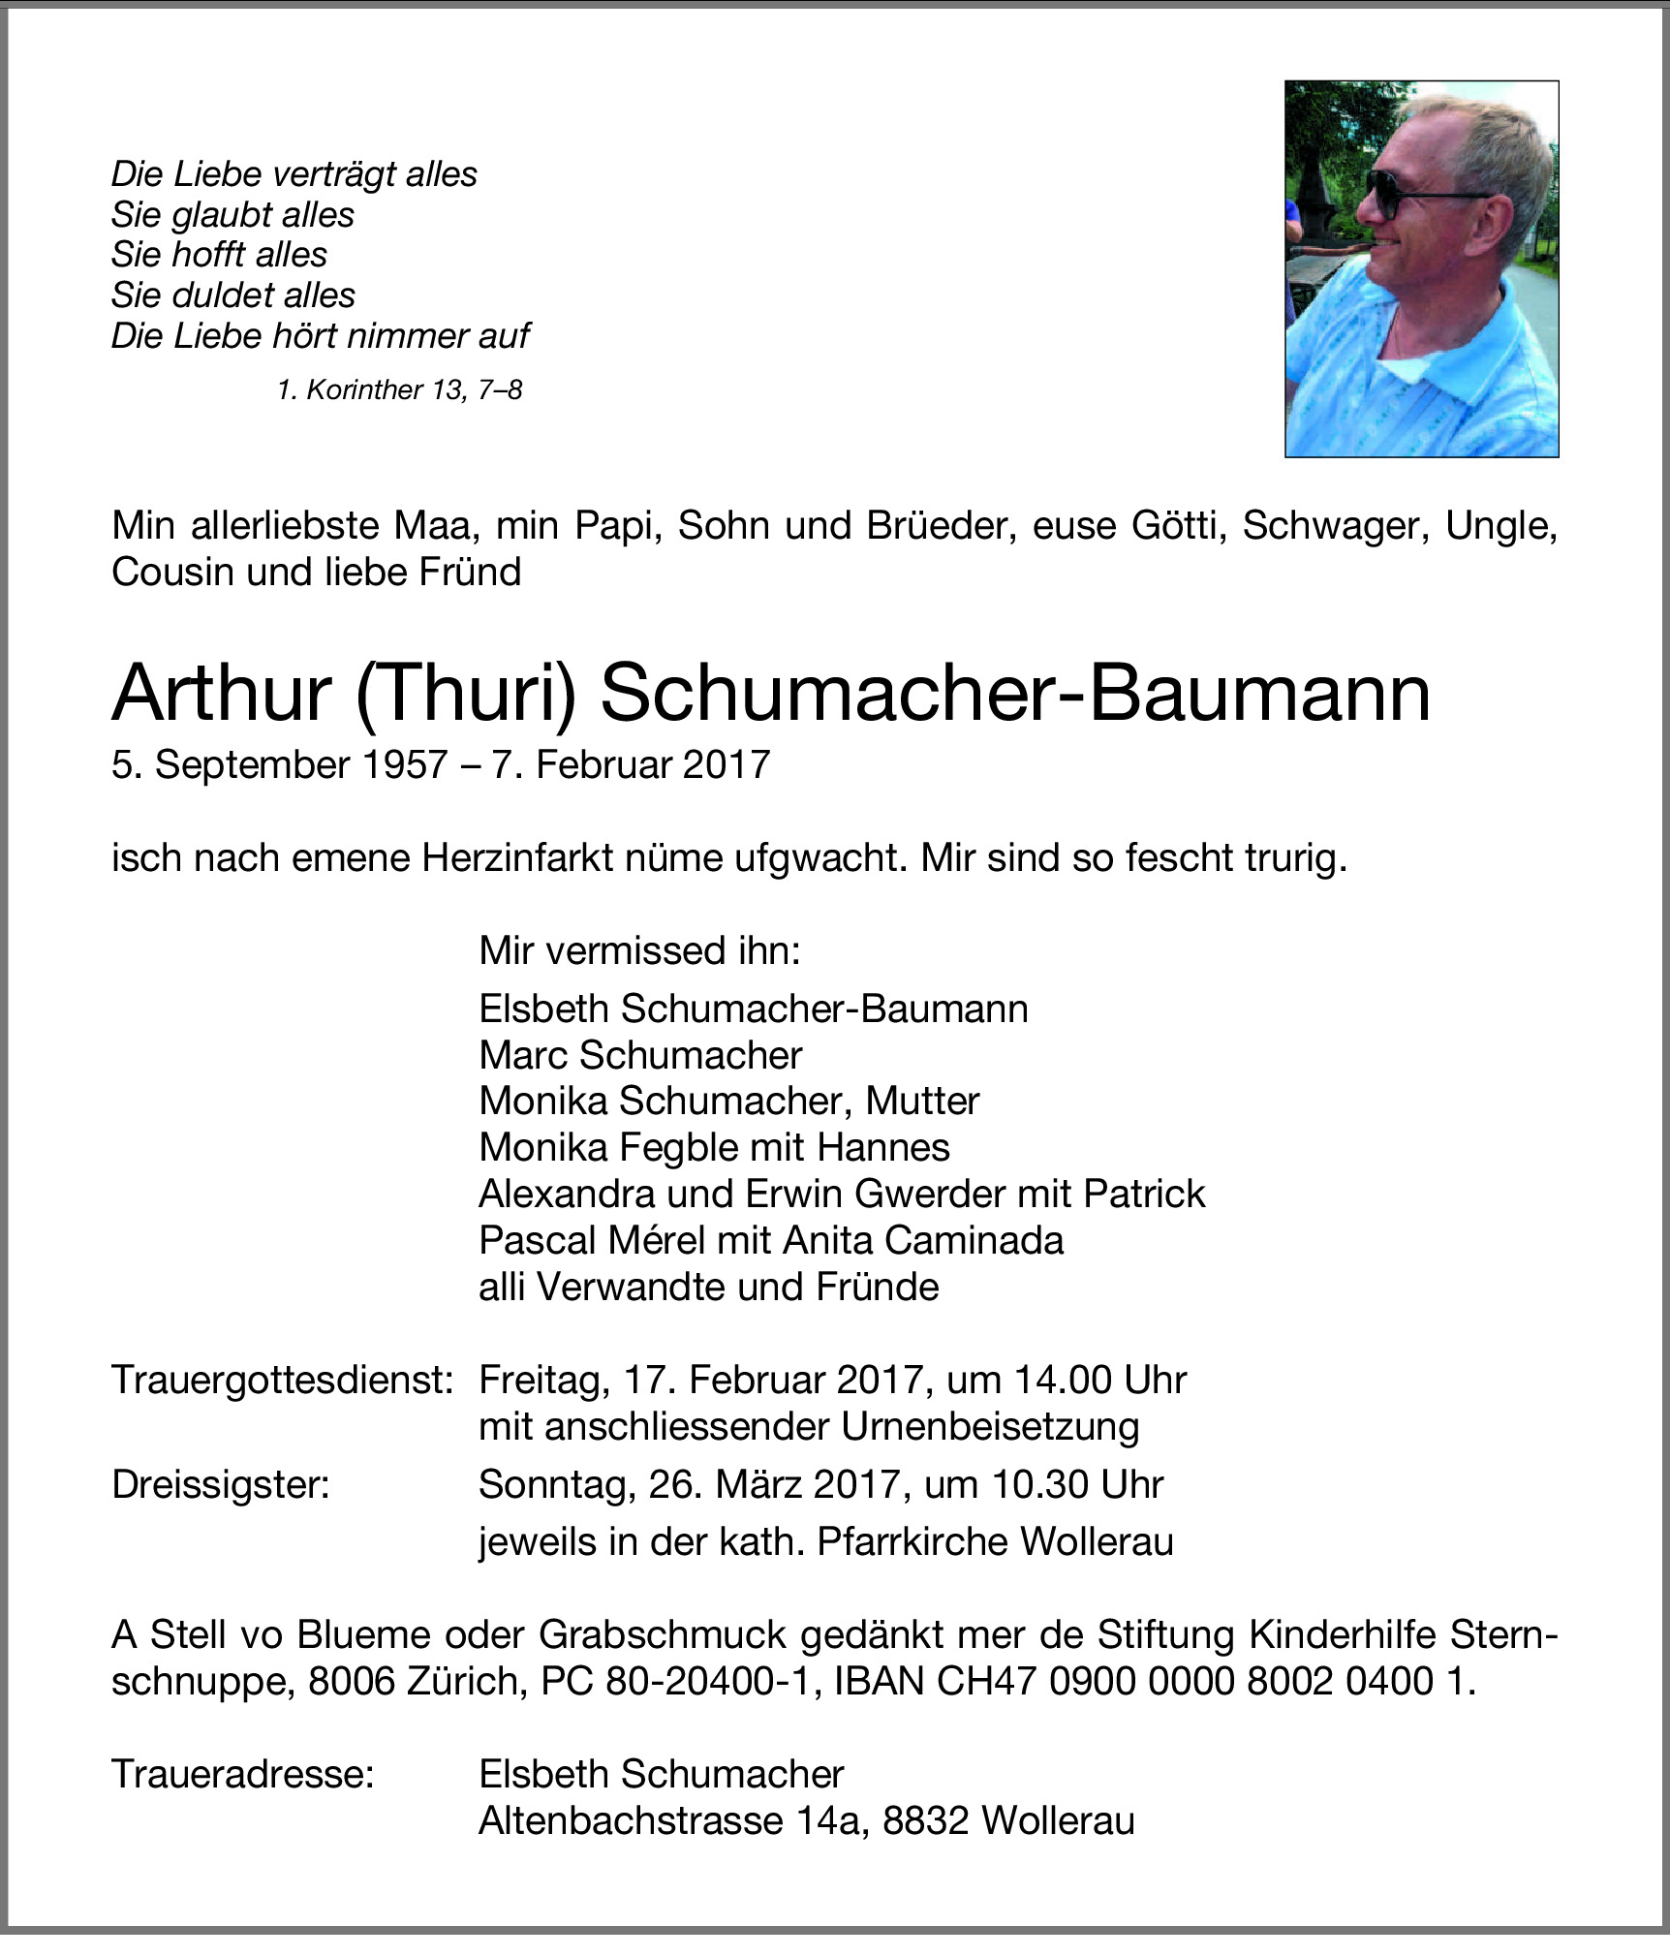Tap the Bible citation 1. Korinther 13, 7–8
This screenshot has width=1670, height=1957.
(x=399, y=389)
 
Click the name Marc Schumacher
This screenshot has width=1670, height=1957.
(x=640, y=1055)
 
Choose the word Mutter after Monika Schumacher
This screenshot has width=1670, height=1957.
(x=922, y=1102)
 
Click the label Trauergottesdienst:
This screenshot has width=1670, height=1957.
(x=282, y=1380)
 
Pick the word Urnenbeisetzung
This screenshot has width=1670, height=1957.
(x=990, y=1426)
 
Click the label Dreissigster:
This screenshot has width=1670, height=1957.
(x=221, y=1484)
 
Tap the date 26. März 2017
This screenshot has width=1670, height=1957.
(x=773, y=1484)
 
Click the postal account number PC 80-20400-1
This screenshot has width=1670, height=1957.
(x=673, y=1681)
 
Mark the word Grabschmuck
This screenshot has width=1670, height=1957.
(x=663, y=1634)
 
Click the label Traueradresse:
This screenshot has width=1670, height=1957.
(x=242, y=1774)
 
